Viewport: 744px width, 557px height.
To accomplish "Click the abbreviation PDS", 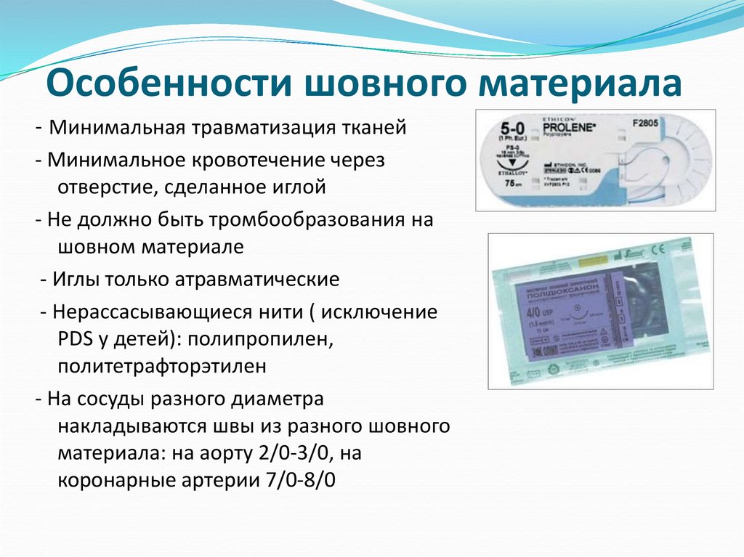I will coord(73,338).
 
